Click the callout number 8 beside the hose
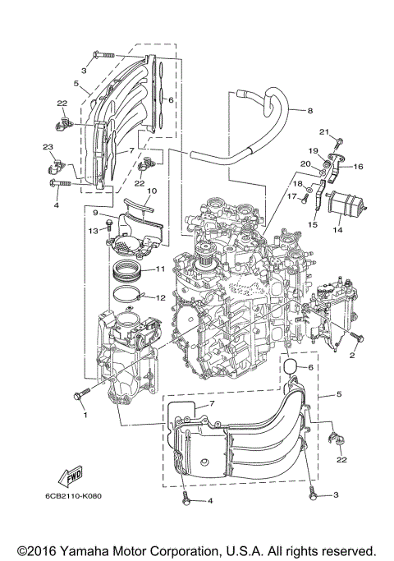[x=309, y=110]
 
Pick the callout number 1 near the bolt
[x=84, y=414]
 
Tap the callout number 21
[x=323, y=132]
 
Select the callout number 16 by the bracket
[x=359, y=166]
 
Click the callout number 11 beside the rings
[x=161, y=269]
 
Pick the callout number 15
[x=312, y=224]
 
